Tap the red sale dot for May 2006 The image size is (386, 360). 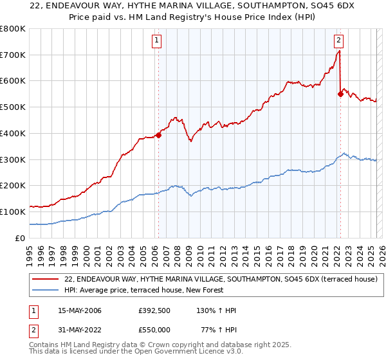(x=158, y=135)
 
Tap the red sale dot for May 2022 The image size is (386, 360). (x=340, y=94)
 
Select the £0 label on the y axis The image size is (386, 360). (x=21, y=238)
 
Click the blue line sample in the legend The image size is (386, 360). (x=46, y=290)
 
